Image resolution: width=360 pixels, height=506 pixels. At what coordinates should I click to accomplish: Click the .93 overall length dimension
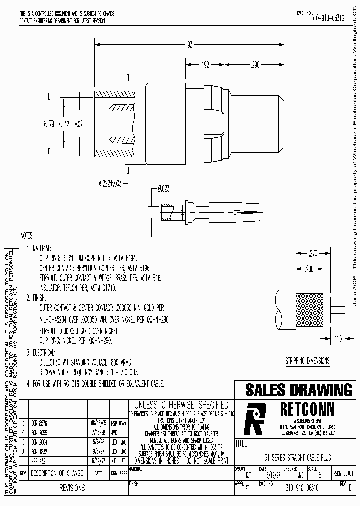point(189,45)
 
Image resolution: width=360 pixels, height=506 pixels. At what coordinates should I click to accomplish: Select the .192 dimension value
point(205,64)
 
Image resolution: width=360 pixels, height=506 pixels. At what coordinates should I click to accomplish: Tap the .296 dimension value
point(255,64)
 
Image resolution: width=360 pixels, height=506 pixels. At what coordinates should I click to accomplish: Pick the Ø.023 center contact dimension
point(164,189)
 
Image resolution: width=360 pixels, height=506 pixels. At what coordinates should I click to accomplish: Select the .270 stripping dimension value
point(313,253)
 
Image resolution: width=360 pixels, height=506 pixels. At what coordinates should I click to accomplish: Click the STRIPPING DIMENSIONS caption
point(307,361)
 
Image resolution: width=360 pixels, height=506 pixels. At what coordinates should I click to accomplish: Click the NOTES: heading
point(27,235)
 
